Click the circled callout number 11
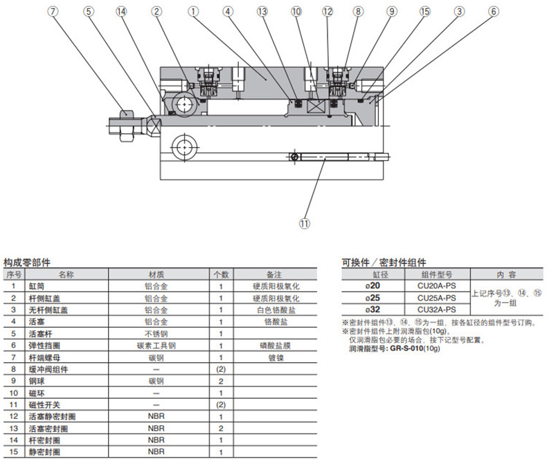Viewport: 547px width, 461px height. point(304,223)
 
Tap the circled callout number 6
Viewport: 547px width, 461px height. point(493,11)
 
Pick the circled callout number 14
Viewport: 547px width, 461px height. point(122,11)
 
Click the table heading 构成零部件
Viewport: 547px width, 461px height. point(26,263)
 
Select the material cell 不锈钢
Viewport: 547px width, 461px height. point(156,334)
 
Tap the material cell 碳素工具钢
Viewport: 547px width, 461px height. point(156,346)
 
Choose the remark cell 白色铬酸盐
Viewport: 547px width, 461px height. point(275,310)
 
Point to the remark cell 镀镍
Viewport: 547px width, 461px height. point(275,357)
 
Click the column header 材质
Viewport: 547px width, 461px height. point(156,274)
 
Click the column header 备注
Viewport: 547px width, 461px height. point(275,274)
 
